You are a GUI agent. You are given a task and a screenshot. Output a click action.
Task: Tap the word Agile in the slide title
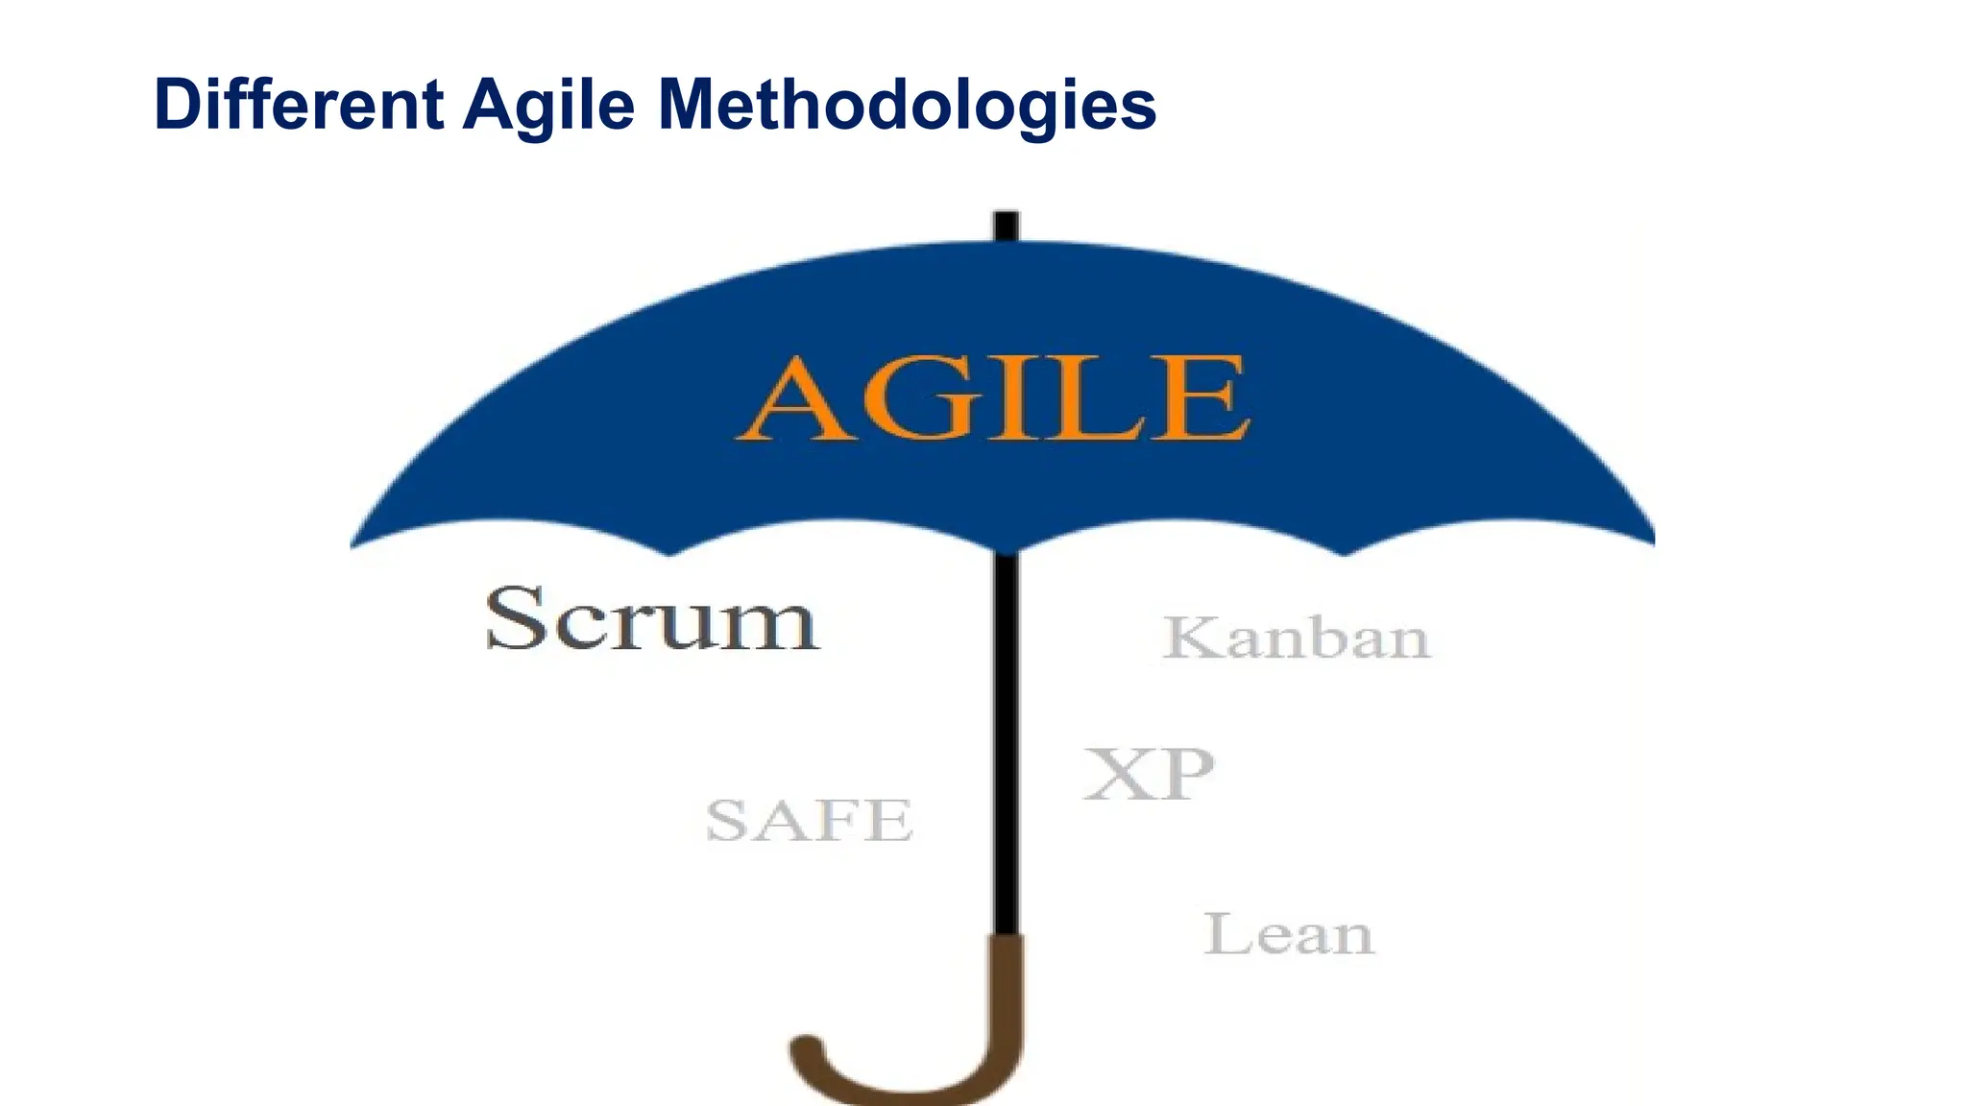coord(548,106)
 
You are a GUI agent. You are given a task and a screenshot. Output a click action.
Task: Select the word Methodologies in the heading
coord(907,106)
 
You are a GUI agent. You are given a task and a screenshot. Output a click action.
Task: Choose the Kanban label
coord(1297,637)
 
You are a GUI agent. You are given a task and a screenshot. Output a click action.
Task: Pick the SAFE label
coord(809,821)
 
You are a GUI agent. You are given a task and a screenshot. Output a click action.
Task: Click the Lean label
coord(1289,934)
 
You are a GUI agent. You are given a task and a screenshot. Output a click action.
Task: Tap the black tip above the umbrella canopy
coord(1006,225)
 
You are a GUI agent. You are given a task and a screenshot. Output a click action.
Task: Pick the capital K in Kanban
coord(1192,637)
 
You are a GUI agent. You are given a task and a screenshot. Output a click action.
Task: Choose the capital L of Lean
coord(1225,934)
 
